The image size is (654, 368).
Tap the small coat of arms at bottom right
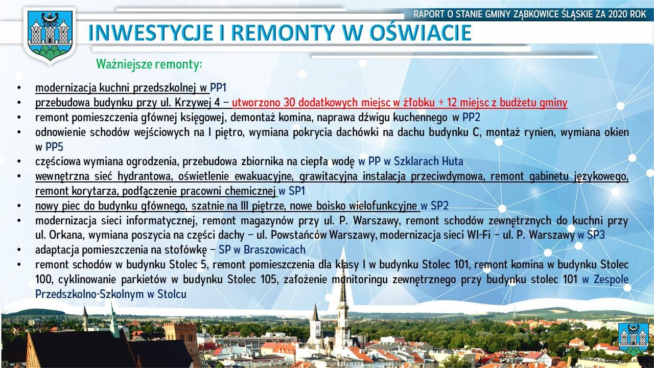pos(633,339)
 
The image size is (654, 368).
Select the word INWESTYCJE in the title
pos(151,32)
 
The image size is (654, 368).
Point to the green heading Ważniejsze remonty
pos(149,64)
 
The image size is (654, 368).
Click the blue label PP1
pos(218,87)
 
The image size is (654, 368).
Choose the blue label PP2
pos(471,118)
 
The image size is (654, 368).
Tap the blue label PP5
pos(54,147)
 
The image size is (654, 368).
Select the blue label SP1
pos(297,191)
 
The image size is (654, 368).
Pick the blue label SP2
pos(439,206)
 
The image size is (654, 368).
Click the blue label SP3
pos(596,235)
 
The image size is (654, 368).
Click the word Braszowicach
pos(274,250)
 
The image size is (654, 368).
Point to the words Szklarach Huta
pos(428,162)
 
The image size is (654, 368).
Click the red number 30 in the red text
pos(289,103)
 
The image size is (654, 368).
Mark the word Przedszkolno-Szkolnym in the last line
pos(89,294)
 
